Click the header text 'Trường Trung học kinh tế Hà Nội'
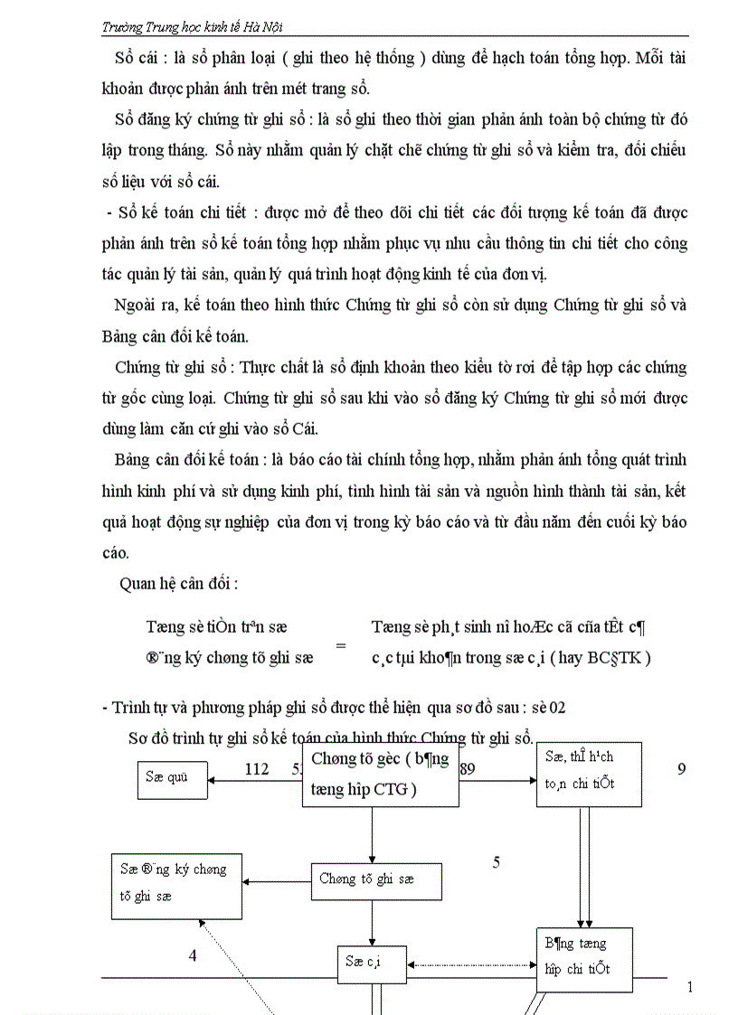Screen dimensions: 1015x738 (x=198, y=28)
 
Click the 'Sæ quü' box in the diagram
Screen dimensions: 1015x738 (x=172, y=776)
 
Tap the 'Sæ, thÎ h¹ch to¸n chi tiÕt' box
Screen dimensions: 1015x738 (x=588, y=774)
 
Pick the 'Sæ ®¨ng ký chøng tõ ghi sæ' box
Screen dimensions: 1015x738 (x=177, y=883)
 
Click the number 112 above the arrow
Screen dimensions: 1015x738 (x=257, y=768)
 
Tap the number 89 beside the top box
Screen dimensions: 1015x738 (x=468, y=768)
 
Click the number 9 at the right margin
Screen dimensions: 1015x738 (x=682, y=768)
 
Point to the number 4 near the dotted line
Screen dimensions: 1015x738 (x=192, y=955)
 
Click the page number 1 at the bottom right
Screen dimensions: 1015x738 (x=689, y=987)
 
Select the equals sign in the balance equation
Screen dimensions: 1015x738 (x=341, y=645)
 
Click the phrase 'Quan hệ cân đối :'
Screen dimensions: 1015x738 (x=178, y=583)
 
